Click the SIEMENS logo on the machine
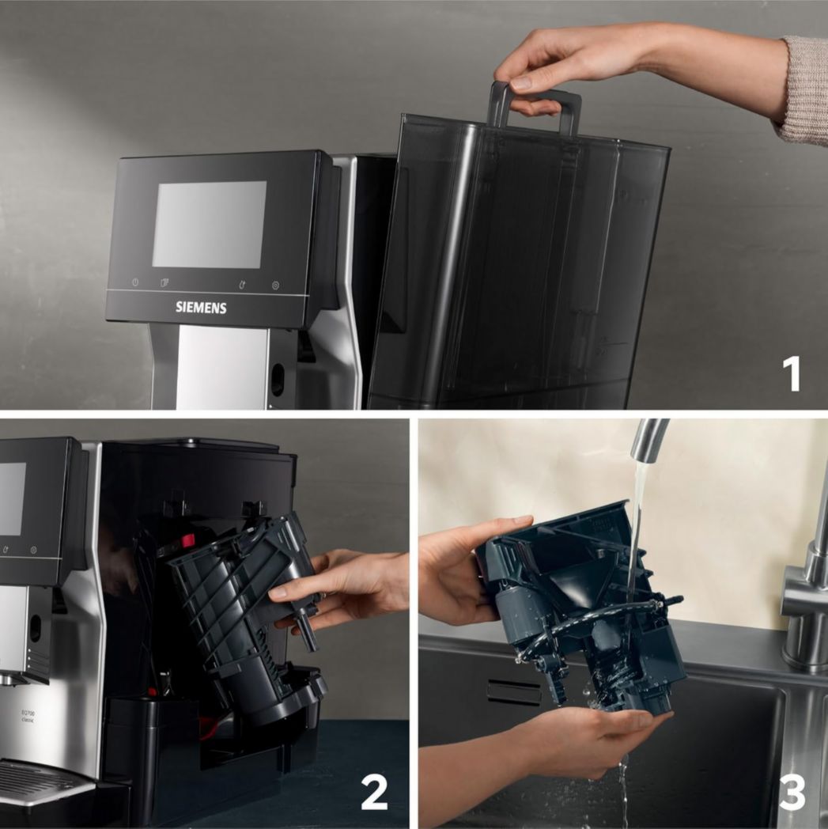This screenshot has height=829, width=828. click(201, 308)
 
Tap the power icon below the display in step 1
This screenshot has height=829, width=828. click(135, 282)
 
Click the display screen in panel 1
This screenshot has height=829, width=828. click(209, 224)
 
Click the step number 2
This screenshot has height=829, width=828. click(374, 792)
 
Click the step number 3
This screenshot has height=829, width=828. click(792, 792)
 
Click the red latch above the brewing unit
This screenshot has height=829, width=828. click(187, 542)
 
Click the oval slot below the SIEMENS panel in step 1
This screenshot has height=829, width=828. click(277, 380)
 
